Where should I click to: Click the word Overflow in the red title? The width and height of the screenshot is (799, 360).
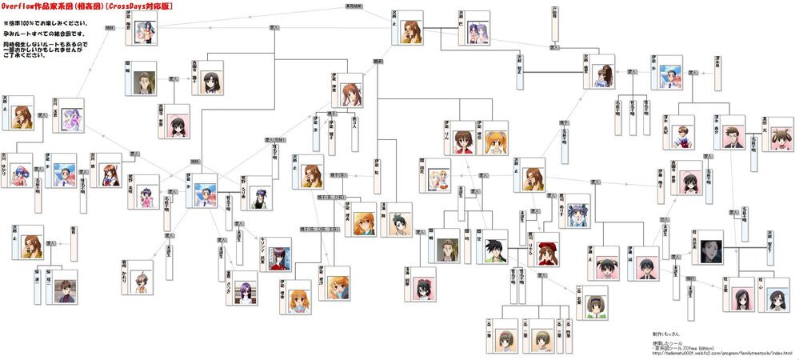pos(21,5)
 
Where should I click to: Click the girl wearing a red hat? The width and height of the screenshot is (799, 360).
pos(548,249)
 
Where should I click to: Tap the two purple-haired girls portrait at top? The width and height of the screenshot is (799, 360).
pos(477,26)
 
